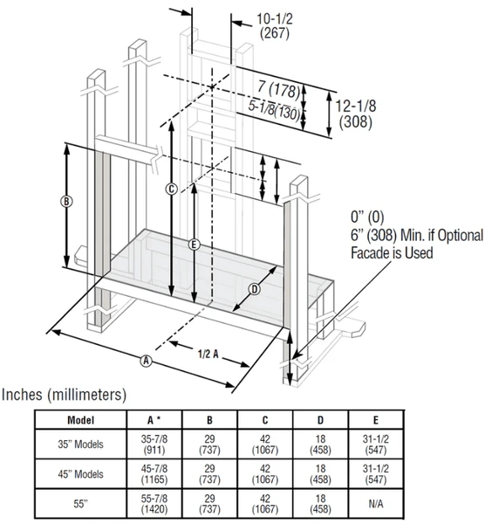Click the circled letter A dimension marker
coord(147,360)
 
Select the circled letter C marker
coord(172,189)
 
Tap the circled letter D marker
coord(255,288)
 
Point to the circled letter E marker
coord(194,245)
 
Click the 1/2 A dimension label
coord(208,353)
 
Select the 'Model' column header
coord(80,418)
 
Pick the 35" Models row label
coord(80,444)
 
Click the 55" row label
coord(80,505)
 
